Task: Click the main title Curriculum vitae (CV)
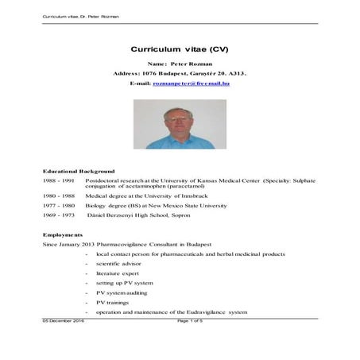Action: click(x=180, y=48)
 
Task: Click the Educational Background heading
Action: click(x=79, y=171)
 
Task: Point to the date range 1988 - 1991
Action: click(x=58, y=181)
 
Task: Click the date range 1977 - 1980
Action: click(x=58, y=205)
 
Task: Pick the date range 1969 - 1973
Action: click(x=58, y=215)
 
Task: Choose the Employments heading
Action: click(x=63, y=234)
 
